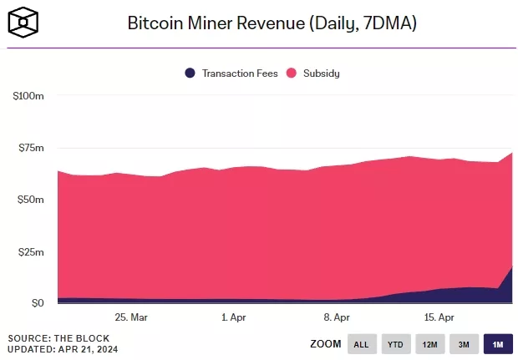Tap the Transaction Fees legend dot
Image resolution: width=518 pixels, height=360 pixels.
pyautogui.click(x=190, y=73)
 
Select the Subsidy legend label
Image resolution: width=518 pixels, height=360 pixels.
pyautogui.click(x=322, y=73)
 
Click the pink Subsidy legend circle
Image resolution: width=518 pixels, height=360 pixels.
pyautogui.click(x=292, y=73)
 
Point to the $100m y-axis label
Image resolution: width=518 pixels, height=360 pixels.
pyautogui.click(x=28, y=96)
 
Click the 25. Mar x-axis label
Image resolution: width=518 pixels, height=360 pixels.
pyautogui.click(x=131, y=317)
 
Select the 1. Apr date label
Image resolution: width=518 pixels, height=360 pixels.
pyautogui.click(x=234, y=317)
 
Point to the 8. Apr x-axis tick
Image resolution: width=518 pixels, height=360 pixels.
pyautogui.click(x=337, y=317)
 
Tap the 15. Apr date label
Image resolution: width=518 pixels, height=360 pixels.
pyautogui.click(x=439, y=317)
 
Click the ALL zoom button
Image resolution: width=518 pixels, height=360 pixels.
pyautogui.click(x=360, y=343)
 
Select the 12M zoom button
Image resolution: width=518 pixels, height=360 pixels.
pyautogui.click(x=429, y=343)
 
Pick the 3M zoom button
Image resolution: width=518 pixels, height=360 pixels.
pyautogui.click(x=463, y=343)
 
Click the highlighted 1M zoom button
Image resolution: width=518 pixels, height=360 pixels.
pyautogui.click(x=497, y=343)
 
